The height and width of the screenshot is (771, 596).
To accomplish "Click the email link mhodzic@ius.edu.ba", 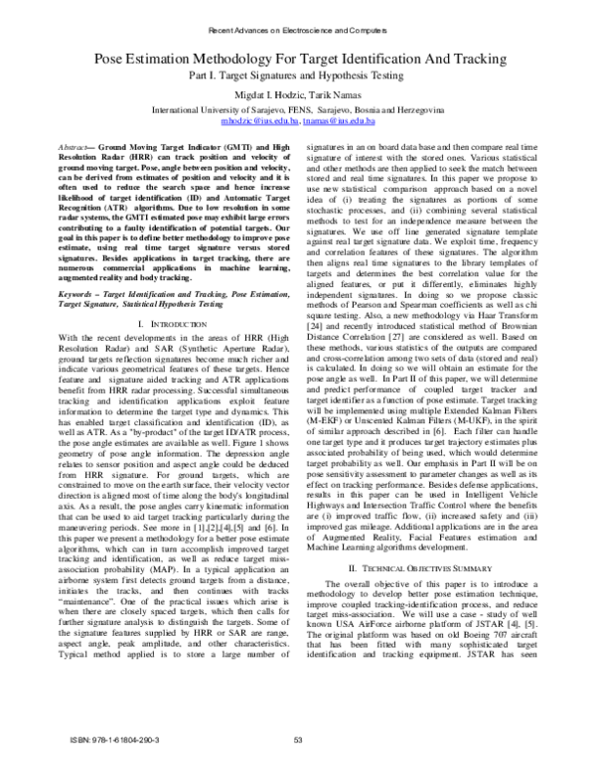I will pyautogui.click(x=260, y=121).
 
